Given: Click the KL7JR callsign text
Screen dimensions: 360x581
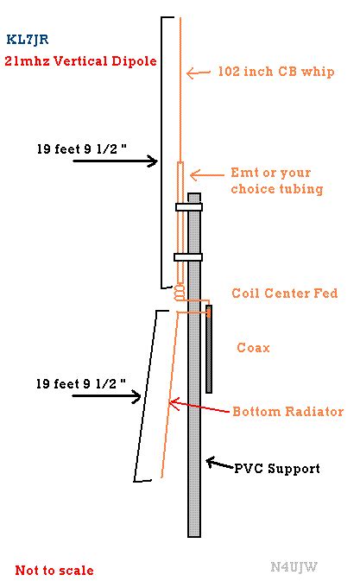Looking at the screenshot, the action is pyautogui.click(x=28, y=39).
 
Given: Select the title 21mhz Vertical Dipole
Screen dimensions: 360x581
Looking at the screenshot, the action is pyautogui.click(x=81, y=60).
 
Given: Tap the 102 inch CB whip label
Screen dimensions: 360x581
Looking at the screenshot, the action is pyautogui.click(x=276, y=71).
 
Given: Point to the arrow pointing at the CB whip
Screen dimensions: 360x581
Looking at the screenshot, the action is pyautogui.click(x=199, y=73).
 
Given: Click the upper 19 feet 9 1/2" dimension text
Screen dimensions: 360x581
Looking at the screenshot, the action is pyautogui.click(x=81, y=148).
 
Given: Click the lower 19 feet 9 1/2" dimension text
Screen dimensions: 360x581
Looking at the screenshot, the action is pyautogui.click(x=81, y=383).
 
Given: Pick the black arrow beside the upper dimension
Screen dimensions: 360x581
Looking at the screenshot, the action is pyautogui.click(x=116, y=161).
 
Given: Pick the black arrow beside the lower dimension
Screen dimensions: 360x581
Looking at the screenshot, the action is pyautogui.click(x=107, y=396).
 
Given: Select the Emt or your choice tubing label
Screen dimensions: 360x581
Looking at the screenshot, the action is pyautogui.click(x=276, y=180).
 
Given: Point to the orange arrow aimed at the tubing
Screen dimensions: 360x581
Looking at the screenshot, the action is pyautogui.click(x=207, y=174).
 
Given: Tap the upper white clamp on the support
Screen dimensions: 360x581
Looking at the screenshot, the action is pyautogui.click(x=189, y=206).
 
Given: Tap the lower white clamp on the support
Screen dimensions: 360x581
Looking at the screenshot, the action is pyautogui.click(x=188, y=257).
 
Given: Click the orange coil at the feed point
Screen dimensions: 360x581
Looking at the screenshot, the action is pyautogui.click(x=180, y=292).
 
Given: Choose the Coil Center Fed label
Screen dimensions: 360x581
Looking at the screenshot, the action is pyautogui.click(x=284, y=294).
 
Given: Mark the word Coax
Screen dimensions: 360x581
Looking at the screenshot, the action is pyautogui.click(x=253, y=348).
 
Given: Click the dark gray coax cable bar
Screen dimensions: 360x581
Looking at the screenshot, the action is pyautogui.click(x=209, y=349).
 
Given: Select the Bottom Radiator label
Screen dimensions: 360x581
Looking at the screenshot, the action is pyautogui.click(x=287, y=411).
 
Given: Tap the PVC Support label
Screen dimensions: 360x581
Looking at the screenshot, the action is pyautogui.click(x=277, y=469).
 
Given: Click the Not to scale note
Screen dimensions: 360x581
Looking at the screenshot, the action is pyautogui.click(x=54, y=570).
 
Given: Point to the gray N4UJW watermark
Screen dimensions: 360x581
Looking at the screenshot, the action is pyautogui.click(x=294, y=566).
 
